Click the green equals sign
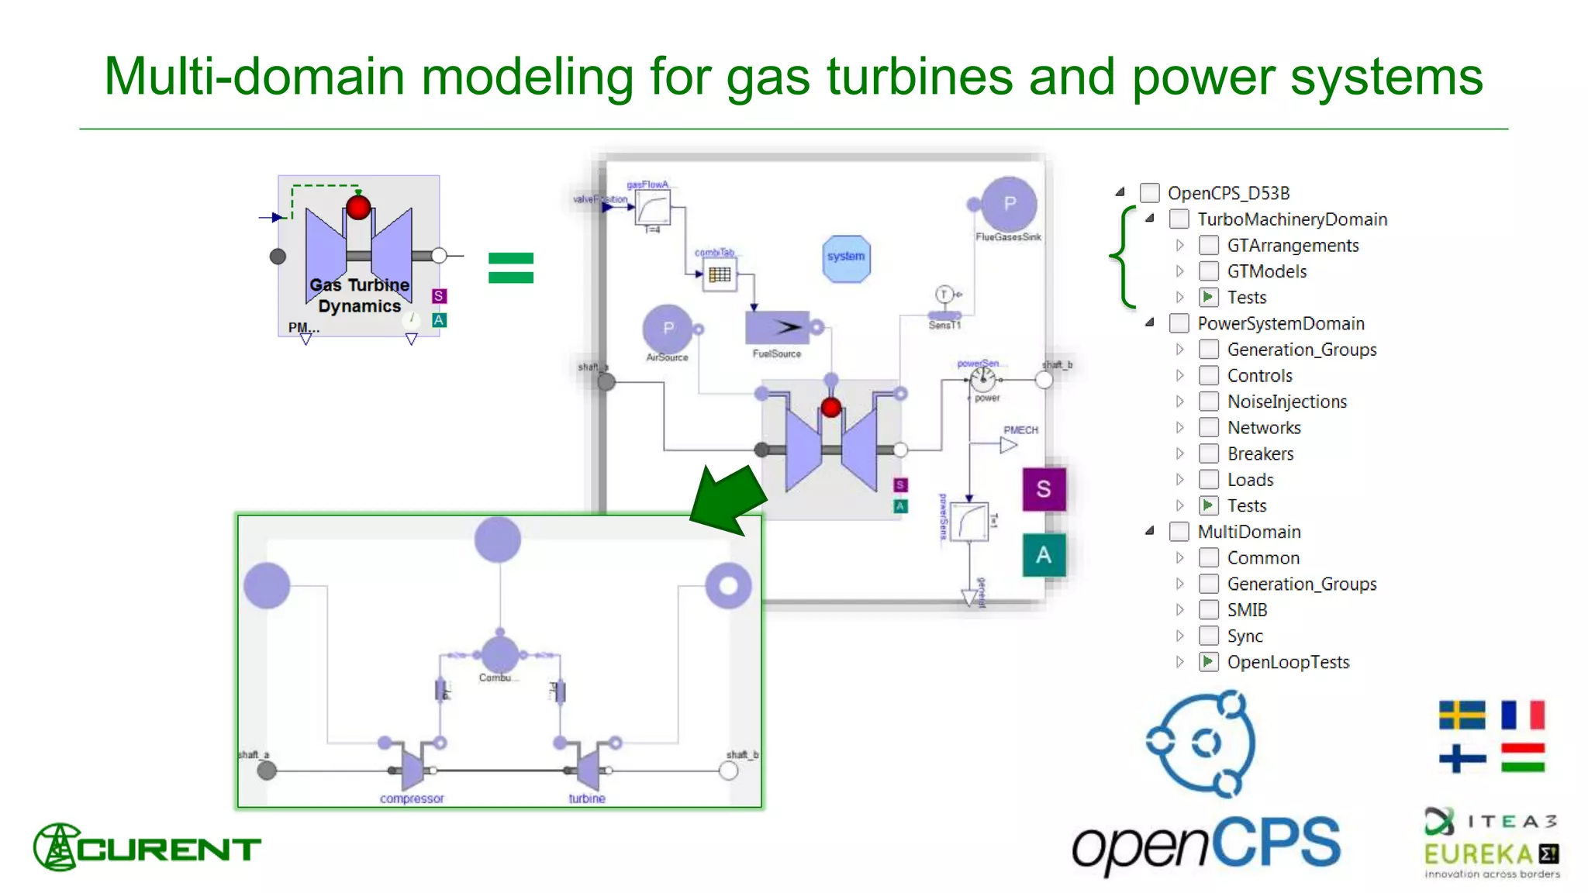[511, 268]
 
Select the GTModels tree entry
[1266, 271]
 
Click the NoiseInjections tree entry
[1286, 402]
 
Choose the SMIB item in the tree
[1247, 610]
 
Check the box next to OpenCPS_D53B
[1150, 193]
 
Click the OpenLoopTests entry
[1287, 662]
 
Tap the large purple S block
[1044, 489]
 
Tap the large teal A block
[1044, 555]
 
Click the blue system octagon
[845, 257]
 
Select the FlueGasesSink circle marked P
[1009, 205]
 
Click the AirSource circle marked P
[668, 329]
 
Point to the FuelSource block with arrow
[778, 328]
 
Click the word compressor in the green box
[412, 798]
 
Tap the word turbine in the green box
[587, 798]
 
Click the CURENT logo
[147, 848]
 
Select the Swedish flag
[1462, 715]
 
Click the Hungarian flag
[1522, 757]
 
